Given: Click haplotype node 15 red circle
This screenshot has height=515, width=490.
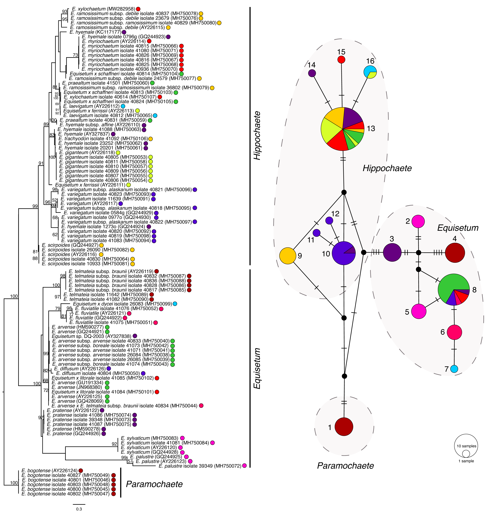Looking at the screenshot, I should [x=341, y=60].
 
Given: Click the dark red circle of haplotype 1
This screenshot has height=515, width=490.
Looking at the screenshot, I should [x=344, y=427].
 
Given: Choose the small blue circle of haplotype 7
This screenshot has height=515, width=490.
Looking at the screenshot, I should [x=454, y=369].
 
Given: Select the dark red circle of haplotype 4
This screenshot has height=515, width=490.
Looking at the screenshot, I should [x=455, y=253].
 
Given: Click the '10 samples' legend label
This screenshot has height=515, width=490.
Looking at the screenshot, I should [x=466, y=446].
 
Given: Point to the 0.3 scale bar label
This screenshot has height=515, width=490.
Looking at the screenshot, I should [x=79, y=509].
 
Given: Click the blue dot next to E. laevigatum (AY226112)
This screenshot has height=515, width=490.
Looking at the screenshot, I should [x=123, y=106].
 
